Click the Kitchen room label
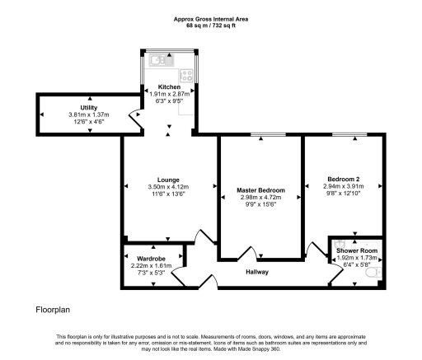(x=169, y=86)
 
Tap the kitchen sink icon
(x=162, y=60)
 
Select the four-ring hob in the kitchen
(x=186, y=75)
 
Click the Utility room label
(x=89, y=107)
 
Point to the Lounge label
(x=168, y=180)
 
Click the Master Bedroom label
(x=260, y=190)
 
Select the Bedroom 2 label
(x=344, y=179)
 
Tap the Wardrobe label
(x=151, y=259)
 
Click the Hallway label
(x=257, y=272)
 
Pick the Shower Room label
(x=357, y=250)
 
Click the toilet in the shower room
(x=373, y=273)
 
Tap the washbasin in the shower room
(x=340, y=243)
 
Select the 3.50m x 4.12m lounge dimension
(x=168, y=187)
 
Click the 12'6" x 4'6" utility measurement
(x=89, y=121)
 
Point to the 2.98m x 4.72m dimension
(x=260, y=197)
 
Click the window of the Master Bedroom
(x=268, y=134)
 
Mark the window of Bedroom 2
(x=349, y=134)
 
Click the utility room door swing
(x=136, y=119)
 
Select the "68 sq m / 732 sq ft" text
(x=211, y=26)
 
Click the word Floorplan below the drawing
(x=53, y=310)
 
